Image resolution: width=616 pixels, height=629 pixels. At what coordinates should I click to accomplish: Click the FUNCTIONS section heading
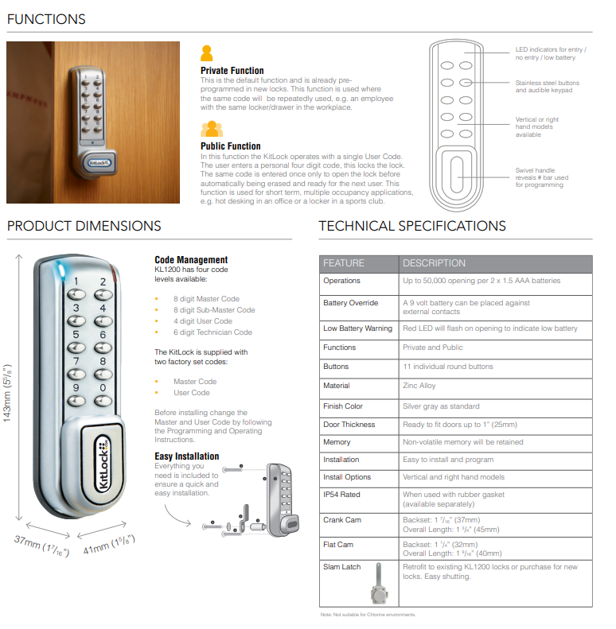(46, 19)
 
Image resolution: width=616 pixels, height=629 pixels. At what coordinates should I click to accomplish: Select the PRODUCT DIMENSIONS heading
(84, 227)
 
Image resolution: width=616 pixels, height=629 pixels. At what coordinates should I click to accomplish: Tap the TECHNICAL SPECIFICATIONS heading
(412, 227)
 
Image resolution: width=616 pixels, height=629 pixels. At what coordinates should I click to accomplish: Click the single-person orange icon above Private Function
(207, 54)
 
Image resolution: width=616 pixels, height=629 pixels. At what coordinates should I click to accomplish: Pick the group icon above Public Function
(211, 129)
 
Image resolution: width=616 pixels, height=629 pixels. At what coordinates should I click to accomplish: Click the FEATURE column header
(344, 263)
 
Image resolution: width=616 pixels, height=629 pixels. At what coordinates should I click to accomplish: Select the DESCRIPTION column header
(435, 263)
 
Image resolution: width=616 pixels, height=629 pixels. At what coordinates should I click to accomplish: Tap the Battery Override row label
(350, 303)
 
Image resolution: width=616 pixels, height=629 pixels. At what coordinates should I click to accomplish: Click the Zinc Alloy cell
(419, 386)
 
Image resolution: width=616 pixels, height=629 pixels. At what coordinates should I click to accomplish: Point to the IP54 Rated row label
(341, 495)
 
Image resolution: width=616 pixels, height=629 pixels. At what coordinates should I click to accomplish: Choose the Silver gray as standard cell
(441, 406)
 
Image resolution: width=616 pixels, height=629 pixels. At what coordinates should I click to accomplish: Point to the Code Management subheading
(191, 260)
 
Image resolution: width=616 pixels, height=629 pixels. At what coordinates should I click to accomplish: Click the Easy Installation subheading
(187, 456)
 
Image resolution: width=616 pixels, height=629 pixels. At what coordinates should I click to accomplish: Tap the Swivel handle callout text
(541, 177)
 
